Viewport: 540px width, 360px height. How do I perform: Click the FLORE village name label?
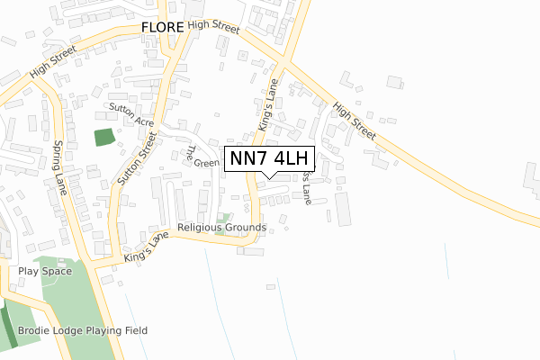pyautogui.click(x=162, y=28)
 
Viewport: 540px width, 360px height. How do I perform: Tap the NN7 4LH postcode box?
pyautogui.click(x=269, y=158)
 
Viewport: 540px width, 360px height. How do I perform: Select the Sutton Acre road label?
pyautogui.click(x=131, y=113)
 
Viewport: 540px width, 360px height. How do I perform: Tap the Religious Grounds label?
pyautogui.click(x=221, y=228)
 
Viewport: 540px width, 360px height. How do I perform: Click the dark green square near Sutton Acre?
pyautogui.click(x=104, y=138)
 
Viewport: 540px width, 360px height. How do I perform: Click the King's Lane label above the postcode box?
pyautogui.click(x=269, y=114)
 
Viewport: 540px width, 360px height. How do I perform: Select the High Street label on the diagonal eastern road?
pyautogui.click(x=354, y=119)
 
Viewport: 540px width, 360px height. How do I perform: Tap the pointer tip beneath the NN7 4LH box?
pyautogui.click(x=269, y=177)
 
